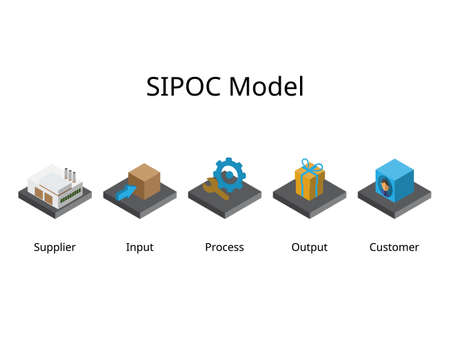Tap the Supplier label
pyautogui.click(x=54, y=247)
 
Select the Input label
pyautogui.click(x=140, y=247)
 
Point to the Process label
pyautogui.click(x=224, y=247)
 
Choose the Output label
pyautogui.click(x=309, y=247)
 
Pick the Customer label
pyautogui.click(x=394, y=247)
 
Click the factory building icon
pyautogui.click(x=52, y=183)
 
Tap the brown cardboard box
pyautogui.click(x=145, y=180)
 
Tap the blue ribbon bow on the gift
pyautogui.click(x=309, y=162)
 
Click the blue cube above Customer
pyautogui.click(x=394, y=177)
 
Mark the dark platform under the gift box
pyautogui.click(x=309, y=206)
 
